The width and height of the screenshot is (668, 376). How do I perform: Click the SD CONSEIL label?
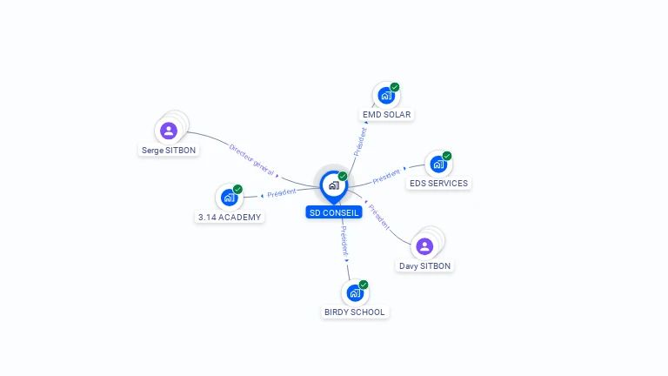[x=334, y=212]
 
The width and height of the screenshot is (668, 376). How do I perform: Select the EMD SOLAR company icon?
[x=386, y=96]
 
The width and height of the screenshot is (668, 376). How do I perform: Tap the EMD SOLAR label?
[x=386, y=115]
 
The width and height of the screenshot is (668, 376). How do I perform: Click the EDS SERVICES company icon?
[x=438, y=164]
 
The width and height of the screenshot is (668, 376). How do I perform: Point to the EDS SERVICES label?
[x=438, y=184]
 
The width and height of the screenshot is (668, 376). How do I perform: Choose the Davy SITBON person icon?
[x=424, y=246]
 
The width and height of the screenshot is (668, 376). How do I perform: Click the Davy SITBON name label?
[x=424, y=266]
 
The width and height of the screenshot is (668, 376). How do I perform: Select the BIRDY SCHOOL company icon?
[x=355, y=292]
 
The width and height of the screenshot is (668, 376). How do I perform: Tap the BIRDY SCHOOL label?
[x=355, y=312]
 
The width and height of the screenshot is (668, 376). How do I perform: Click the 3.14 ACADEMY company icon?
[x=229, y=198]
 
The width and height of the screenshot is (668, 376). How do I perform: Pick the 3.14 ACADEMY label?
[x=230, y=218]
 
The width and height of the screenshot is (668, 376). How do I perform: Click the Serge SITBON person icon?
[x=168, y=131]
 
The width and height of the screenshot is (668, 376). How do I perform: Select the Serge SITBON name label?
[x=168, y=151]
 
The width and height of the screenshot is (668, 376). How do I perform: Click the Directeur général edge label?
[x=251, y=160]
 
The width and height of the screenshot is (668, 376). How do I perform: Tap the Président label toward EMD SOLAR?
[x=360, y=142]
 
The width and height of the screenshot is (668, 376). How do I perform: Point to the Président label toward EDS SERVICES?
[x=386, y=176]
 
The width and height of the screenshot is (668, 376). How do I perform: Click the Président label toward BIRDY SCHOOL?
[x=344, y=241]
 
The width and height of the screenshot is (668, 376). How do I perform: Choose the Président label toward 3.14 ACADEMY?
[x=282, y=193]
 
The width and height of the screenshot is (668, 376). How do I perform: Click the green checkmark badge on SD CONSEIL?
[x=343, y=176]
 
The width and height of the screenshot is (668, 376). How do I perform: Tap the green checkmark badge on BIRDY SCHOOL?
[x=364, y=285]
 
